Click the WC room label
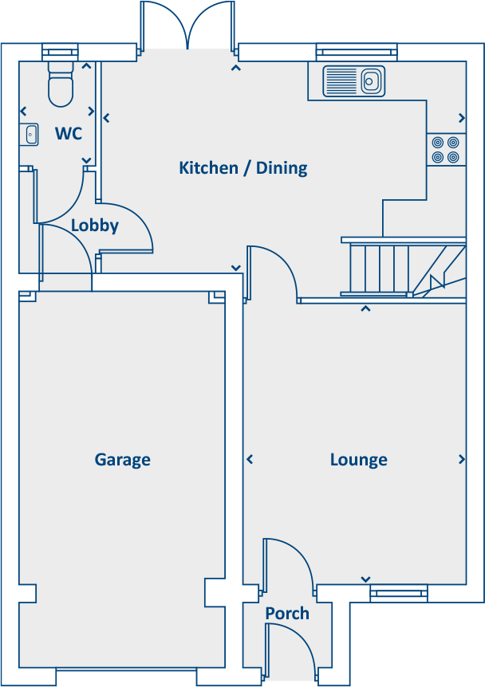[68, 134]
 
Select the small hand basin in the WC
[30, 134]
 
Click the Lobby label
[94, 226]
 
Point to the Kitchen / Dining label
[242, 168]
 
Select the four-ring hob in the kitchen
[445, 150]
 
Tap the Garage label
[122, 460]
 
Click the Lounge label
[358, 460]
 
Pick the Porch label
[287, 614]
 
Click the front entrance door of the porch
[291, 650]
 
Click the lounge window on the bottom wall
[398, 592]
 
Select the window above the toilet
[61, 53]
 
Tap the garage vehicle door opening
[127, 677]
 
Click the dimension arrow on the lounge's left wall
[250, 460]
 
